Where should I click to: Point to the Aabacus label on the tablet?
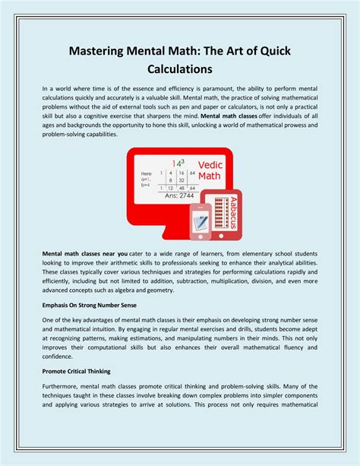(x=234, y=212)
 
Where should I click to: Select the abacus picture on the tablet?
(x=219, y=212)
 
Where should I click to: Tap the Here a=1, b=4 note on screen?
(x=147, y=179)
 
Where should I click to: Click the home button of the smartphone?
(x=201, y=236)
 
